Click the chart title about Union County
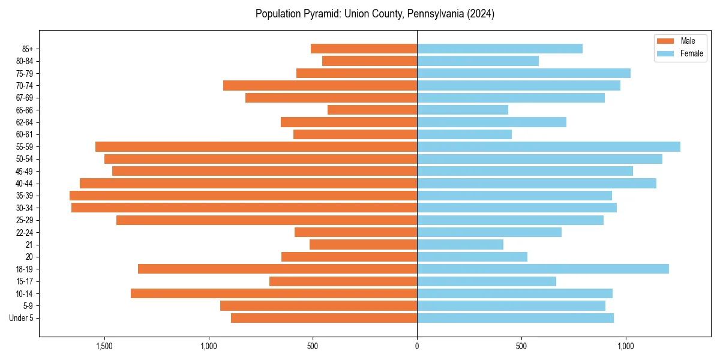(x=374, y=14)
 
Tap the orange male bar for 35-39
(x=243, y=196)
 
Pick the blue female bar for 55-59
(x=548, y=146)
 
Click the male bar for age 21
(x=363, y=244)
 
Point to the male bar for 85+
(x=364, y=49)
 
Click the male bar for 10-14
(x=274, y=293)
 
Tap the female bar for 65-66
(x=462, y=110)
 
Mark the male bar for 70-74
(x=320, y=85)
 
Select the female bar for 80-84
(x=478, y=61)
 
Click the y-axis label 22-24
(x=25, y=232)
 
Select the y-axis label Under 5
(x=22, y=318)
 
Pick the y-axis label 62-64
(x=25, y=122)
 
